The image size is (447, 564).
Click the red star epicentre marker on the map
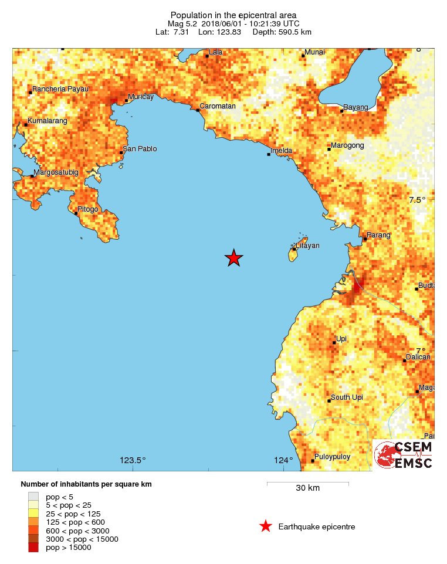(x=234, y=257)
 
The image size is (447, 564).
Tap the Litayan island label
(x=308, y=246)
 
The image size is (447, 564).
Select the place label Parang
(x=378, y=235)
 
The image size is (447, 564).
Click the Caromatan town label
(x=218, y=106)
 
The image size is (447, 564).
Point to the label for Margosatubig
(x=56, y=172)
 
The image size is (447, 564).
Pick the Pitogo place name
(x=88, y=209)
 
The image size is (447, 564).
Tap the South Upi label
(x=347, y=397)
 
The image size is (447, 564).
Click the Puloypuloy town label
(x=333, y=456)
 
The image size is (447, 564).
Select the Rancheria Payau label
(x=60, y=89)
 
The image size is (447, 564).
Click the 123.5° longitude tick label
(x=133, y=460)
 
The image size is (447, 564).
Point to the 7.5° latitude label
(x=417, y=200)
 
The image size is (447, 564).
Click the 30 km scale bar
(x=308, y=484)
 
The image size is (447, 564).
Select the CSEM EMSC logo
(x=404, y=455)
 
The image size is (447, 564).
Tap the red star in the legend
(x=266, y=526)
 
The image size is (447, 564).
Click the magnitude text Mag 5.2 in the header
(x=184, y=23)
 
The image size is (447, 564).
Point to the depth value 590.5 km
(x=290, y=32)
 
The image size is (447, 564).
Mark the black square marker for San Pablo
(x=121, y=152)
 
